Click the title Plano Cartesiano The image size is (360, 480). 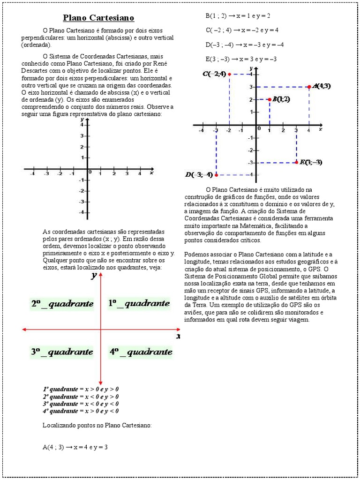[98, 18]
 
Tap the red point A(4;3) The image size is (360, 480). [309, 87]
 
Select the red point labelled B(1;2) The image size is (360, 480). [270, 99]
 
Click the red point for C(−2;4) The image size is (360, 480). [229, 74]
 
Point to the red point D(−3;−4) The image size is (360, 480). [216, 175]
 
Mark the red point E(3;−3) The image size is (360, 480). [296, 162]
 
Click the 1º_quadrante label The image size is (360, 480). [139, 304]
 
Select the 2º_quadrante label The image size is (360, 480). [62, 304]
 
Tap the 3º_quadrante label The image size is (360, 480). [62, 352]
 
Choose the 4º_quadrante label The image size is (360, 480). [141, 352]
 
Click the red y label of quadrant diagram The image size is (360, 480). [94, 276]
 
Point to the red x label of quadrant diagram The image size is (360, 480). [178, 336]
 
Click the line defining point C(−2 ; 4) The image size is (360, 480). [242, 30]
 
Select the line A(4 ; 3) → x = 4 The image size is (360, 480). [75, 447]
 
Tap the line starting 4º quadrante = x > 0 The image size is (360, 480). [81, 411]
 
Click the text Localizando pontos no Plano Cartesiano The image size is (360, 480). [97, 426]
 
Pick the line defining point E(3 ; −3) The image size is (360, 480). [241, 59]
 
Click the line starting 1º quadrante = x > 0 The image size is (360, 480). [81, 389]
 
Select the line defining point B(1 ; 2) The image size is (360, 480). [238, 16]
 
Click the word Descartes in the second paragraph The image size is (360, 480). [34, 71]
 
